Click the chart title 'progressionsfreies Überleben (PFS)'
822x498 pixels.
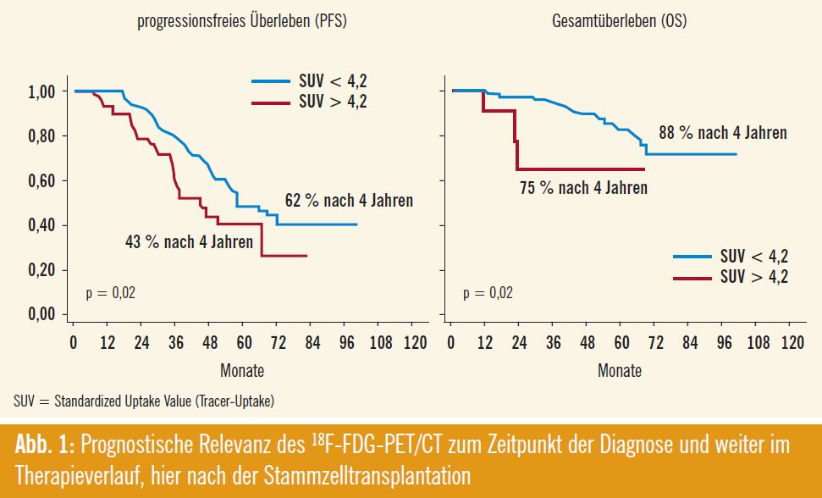point(242,22)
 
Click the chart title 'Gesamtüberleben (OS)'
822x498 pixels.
point(619,22)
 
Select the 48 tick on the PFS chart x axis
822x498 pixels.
point(210,343)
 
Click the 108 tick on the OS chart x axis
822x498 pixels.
point(758,343)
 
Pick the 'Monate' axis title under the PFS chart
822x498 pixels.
point(242,370)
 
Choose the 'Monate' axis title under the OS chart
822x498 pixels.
point(620,370)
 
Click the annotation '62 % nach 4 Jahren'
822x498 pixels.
point(349,201)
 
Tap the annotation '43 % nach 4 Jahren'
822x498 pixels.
point(189,242)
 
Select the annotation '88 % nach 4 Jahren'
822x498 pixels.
point(723,132)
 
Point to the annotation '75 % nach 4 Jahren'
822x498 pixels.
point(583,188)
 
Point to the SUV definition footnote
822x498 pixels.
point(144,400)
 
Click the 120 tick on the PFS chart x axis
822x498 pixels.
point(415,343)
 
